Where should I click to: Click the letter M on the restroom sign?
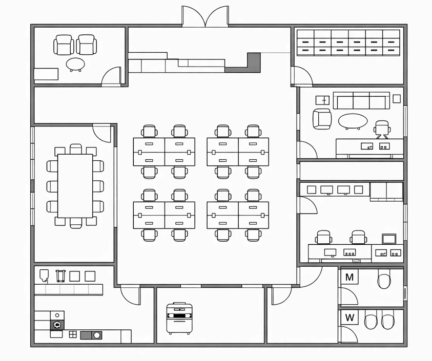click(349, 277)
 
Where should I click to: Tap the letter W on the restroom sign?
click(349, 317)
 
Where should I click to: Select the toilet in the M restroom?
click(384, 279)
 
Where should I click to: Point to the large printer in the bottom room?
click(179, 318)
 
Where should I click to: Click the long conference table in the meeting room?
click(75, 186)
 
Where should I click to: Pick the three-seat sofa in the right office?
click(361, 100)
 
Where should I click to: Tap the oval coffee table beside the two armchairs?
click(75, 65)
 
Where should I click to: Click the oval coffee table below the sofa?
click(353, 121)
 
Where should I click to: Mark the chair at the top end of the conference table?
click(76, 149)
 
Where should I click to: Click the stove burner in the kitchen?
click(57, 325)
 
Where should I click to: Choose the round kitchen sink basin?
click(97, 335)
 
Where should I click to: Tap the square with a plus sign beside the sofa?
click(323, 100)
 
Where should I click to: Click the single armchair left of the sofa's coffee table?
click(322, 119)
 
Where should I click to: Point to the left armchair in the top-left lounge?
click(64, 45)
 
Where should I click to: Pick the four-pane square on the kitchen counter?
click(73, 334)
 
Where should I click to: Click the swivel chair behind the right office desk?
click(382, 129)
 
